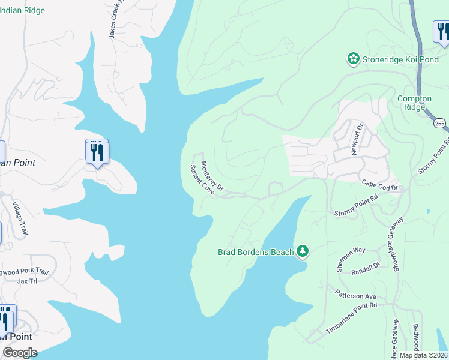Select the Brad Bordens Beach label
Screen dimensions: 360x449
255,251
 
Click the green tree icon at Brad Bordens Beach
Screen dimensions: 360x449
303,251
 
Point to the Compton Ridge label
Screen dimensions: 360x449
414,103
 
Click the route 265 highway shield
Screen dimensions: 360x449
440,122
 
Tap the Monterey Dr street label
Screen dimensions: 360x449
212,176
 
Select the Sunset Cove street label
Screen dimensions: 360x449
202,179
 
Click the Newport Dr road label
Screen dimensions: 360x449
357,139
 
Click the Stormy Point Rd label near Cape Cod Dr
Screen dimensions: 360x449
356,205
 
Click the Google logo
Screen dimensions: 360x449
20,353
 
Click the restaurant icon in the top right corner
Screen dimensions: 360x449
442,31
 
